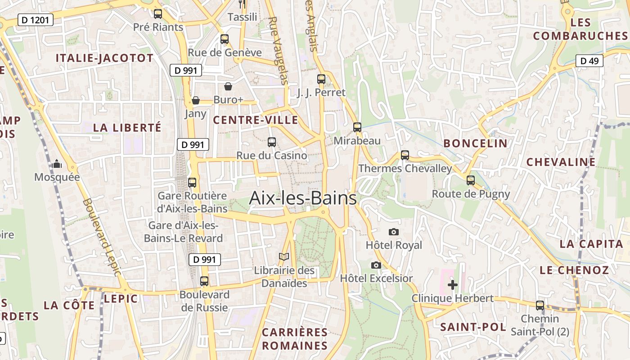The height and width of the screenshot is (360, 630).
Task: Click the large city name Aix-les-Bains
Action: (x=303, y=198)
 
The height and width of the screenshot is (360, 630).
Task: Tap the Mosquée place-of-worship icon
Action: (x=57, y=164)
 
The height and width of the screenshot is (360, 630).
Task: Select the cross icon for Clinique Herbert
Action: (x=453, y=285)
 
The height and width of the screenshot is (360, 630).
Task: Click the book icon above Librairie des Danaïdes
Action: (x=284, y=257)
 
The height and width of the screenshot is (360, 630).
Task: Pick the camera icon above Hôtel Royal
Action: (x=394, y=232)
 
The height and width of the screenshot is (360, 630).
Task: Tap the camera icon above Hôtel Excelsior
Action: (x=376, y=265)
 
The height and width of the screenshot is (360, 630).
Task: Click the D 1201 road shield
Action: (x=36, y=20)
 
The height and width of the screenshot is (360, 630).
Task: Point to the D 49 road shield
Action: (x=589, y=61)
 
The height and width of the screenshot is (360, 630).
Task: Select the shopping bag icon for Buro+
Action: (x=228, y=86)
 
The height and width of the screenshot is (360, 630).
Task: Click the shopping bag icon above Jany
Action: (x=195, y=100)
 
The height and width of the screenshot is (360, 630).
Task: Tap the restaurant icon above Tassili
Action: (x=242, y=4)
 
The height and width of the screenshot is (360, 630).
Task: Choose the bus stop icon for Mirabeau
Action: (x=357, y=127)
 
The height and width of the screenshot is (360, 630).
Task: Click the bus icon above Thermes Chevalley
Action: (x=405, y=155)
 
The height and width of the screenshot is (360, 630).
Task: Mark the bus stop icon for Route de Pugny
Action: (x=471, y=180)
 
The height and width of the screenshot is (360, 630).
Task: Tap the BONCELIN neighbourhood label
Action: (x=475, y=144)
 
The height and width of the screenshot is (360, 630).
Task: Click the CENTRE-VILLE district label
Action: (x=256, y=120)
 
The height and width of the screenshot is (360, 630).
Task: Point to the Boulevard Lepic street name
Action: (x=102, y=237)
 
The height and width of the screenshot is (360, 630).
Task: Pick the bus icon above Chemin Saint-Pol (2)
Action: (x=540, y=306)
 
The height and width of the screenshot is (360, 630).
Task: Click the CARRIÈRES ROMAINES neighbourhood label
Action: (x=295, y=339)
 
